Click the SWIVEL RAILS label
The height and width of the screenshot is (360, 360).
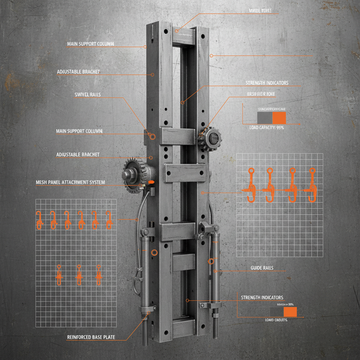click(88, 94)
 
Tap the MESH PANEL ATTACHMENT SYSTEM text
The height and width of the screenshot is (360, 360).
click(70, 182)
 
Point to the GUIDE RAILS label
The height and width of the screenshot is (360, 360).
click(262, 268)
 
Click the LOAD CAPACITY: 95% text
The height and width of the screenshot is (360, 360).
click(267, 128)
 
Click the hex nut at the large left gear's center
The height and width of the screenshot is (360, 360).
click(128, 174)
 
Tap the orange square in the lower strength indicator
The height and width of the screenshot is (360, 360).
click(290, 312)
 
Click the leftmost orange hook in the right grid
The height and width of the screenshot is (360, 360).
click(251, 185)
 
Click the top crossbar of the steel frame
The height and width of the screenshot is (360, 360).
click(184, 35)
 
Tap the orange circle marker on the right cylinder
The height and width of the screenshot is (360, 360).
click(211, 261)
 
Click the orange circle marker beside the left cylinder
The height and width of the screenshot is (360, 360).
click(154, 252)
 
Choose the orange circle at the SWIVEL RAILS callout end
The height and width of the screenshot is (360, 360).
click(152, 136)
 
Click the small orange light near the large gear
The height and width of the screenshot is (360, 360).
click(151, 182)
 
